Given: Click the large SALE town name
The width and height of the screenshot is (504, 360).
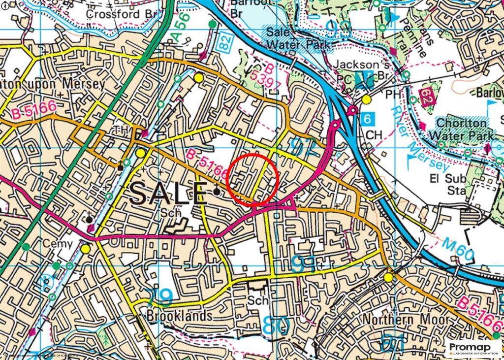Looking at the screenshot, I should [x=168, y=193].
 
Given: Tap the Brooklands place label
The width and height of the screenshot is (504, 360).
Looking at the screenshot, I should [x=180, y=316].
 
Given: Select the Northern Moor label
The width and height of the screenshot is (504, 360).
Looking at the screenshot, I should [x=406, y=319].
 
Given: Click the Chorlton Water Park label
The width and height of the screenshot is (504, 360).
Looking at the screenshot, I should [x=465, y=129].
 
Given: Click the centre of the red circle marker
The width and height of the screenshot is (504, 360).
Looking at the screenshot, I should [x=253, y=179].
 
